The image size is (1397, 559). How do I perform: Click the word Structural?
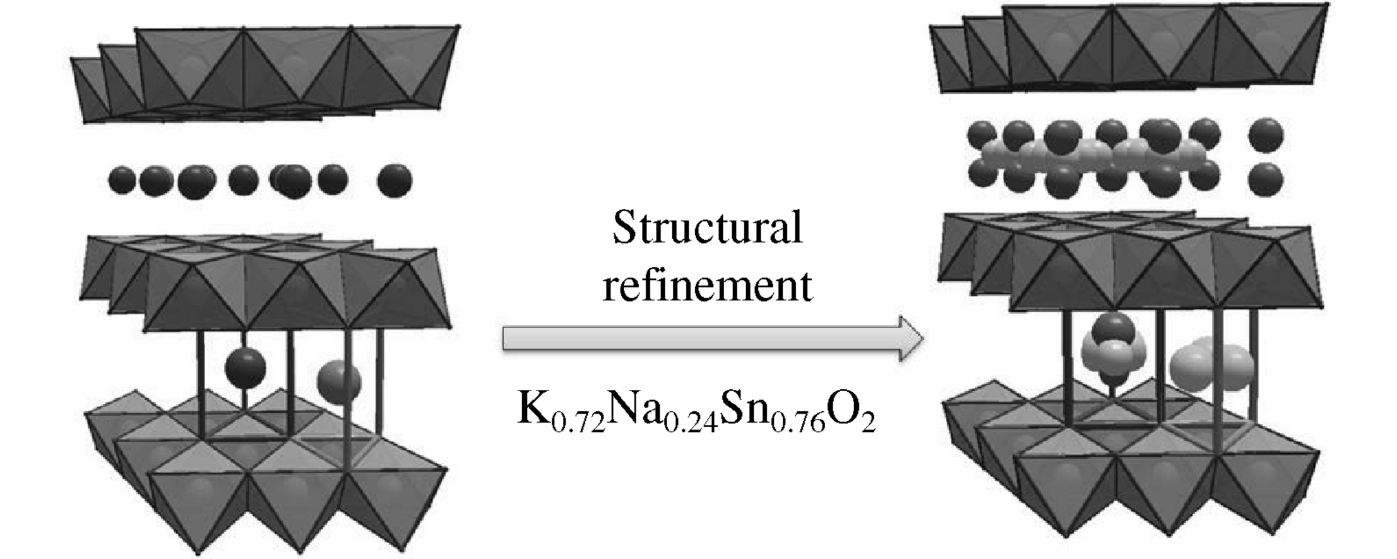(x=707, y=228)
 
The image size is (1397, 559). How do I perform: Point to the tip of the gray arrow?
(x=922, y=339)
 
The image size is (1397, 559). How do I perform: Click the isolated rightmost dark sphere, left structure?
(x=395, y=180)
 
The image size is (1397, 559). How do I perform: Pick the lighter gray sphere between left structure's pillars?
(x=339, y=380)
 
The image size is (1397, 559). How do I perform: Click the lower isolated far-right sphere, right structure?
(x=1266, y=179)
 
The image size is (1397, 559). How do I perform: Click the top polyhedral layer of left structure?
(x=265, y=76)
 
